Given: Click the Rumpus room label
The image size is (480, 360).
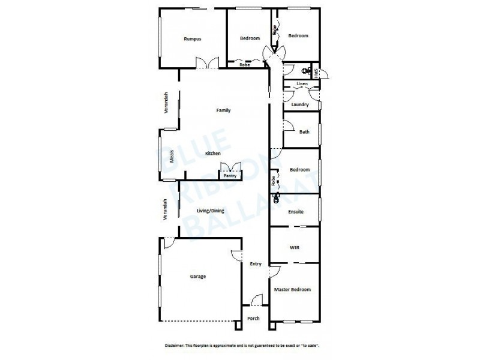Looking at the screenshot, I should point(192,38).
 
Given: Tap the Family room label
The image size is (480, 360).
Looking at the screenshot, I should point(223,110).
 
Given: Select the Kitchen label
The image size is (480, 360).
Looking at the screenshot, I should point(213,154).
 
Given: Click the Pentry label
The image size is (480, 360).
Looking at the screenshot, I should point(230,176).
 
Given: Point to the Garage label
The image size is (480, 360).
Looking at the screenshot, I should point(198,277).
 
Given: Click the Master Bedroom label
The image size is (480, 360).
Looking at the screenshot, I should point(292,290).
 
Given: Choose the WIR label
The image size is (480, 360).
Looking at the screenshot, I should point(294,247).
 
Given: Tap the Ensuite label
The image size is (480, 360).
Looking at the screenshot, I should point(295,212).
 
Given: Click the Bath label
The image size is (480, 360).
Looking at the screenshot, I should point(304,132).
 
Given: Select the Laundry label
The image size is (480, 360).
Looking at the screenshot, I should point(299,105).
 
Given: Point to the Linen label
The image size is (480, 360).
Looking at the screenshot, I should point(302,83).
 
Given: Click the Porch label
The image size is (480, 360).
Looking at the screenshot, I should point(253,318).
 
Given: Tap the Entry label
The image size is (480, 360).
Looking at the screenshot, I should point(256,264).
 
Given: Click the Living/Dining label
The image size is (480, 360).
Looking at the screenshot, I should point(209,210).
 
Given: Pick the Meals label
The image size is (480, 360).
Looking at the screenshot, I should point(172,156).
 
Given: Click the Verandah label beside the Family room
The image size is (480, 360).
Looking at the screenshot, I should point(167,103).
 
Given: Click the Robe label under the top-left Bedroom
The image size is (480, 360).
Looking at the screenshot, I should point(244,65).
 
